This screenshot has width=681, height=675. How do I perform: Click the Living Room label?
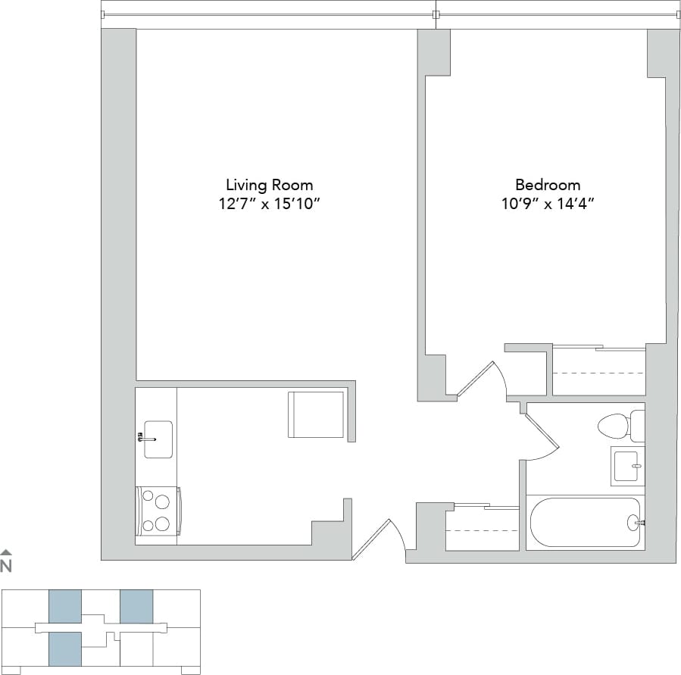click(x=269, y=185)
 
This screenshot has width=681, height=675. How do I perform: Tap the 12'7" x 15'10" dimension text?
click(x=269, y=204)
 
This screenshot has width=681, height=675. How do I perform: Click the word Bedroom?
click(x=548, y=185)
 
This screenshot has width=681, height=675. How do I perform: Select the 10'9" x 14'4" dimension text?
click(x=548, y=204)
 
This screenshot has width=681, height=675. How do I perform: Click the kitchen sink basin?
click(x=158, y=439)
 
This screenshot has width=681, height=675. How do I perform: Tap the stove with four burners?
click(x=158, y=512)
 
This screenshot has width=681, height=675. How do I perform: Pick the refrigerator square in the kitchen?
click(x=316, y=414)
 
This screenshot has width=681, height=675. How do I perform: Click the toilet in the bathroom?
click(x=615, y=426)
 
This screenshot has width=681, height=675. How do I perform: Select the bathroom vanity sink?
click(x=626, y=466)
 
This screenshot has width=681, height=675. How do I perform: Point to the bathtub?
click(x=585, y=522)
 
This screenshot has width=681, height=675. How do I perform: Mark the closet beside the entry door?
click(x=482, y=528)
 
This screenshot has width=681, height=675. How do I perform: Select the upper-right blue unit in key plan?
click(x=136, y=606)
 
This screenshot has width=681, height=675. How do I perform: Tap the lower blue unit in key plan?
click(x=65, y=648)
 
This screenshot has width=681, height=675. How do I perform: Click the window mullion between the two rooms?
click(x=436, y=14)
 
